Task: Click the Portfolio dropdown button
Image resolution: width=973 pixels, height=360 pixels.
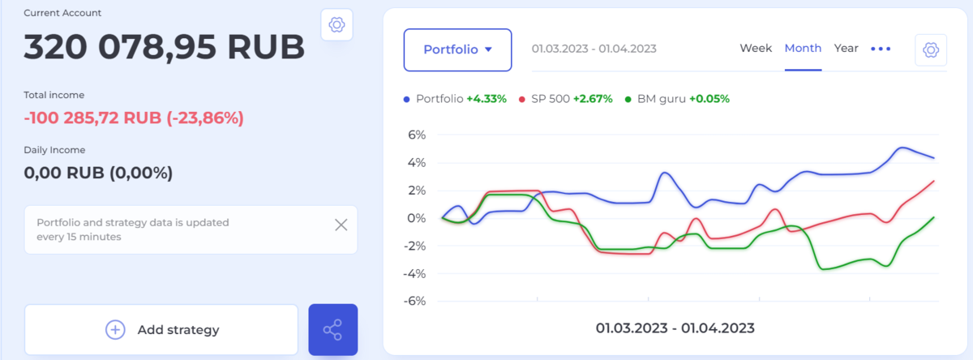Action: [457, 49]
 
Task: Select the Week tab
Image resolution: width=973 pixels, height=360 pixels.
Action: [756, 49]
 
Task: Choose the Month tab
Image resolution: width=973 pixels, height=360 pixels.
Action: [803, 49]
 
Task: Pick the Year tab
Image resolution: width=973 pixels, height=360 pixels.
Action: [846, 49]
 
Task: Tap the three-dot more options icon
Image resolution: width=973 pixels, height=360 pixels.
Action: [881, 49]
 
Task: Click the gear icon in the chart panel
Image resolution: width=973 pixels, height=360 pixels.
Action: [931, 49]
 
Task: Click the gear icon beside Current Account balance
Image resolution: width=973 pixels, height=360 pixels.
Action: [336, 25]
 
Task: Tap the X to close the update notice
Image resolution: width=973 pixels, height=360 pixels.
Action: [341, 225]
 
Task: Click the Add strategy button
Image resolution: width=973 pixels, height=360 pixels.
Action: [161, 329]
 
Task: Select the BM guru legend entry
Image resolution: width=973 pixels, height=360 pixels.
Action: [657, 99]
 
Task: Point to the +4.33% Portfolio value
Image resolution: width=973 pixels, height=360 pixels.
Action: [486, 99]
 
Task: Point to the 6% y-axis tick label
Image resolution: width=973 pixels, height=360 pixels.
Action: [415, 135]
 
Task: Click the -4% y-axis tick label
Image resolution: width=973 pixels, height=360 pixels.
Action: [414, 273]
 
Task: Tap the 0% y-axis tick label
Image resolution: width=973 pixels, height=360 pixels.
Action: [415, 218]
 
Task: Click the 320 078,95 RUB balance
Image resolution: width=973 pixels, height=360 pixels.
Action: [165, 48]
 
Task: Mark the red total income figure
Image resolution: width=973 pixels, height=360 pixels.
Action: [134, 118]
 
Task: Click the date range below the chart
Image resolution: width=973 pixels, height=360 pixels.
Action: [675, 328]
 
